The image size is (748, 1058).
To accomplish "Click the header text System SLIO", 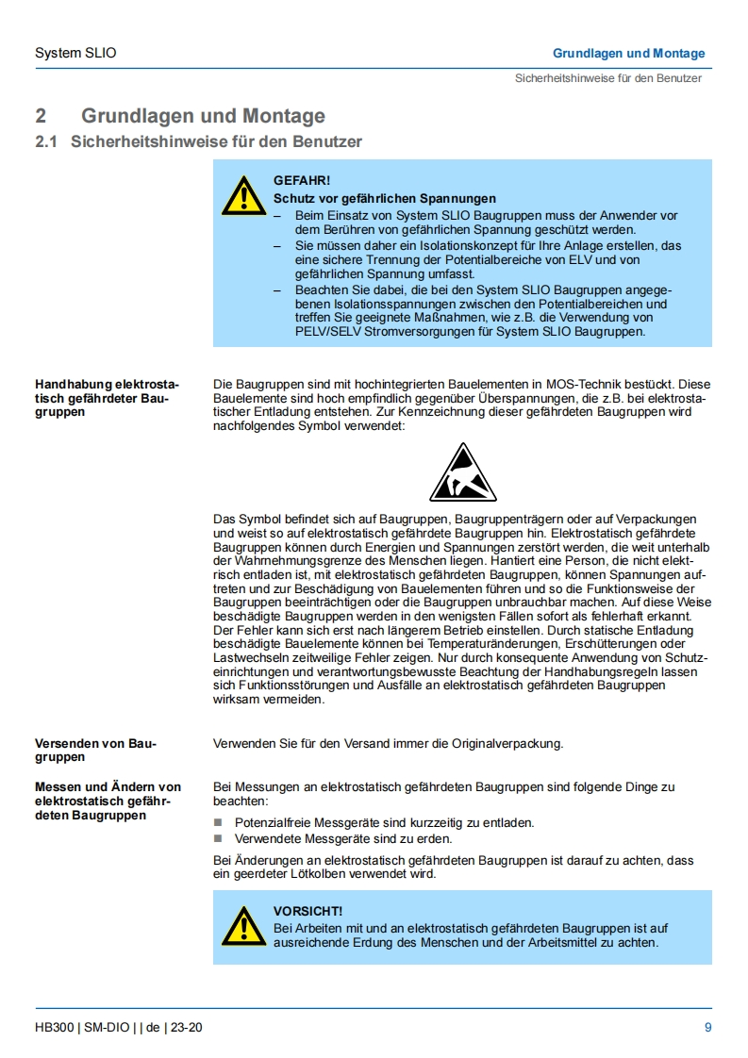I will (75, 53).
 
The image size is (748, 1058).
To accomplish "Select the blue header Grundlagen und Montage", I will (628, 53).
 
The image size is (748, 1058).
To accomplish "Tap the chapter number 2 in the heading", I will (41, 116).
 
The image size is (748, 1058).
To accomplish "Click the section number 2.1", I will (46, 141).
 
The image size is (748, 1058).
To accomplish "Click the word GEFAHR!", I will (302, 179).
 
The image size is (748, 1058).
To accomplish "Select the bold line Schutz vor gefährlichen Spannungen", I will (385, 198).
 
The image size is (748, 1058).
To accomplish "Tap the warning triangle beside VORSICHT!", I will (243, 926).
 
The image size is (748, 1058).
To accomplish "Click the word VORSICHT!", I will (308, 911).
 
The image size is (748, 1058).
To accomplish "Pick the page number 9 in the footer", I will (707, 1027).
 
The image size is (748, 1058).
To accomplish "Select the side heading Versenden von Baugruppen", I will (95, 750).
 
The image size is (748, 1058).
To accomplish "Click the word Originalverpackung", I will (506, 743).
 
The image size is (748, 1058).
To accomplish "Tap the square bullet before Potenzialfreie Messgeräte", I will (219, 822).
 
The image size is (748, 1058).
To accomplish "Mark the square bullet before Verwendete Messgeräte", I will (219, 838).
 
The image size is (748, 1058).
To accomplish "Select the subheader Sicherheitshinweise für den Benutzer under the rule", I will (607, 77).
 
